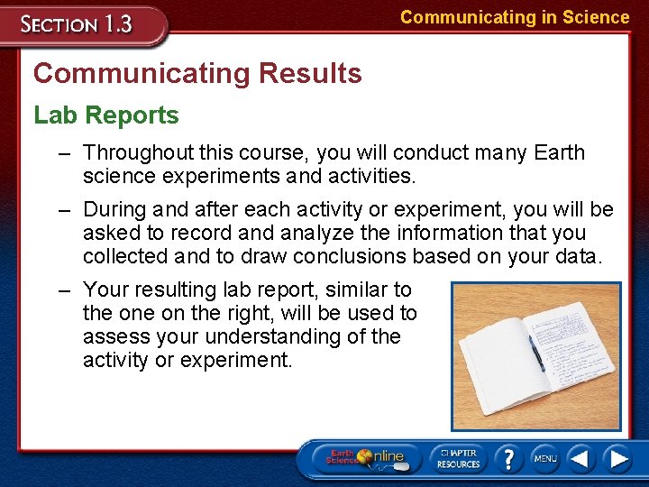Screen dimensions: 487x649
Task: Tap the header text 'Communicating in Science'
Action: click(515, 17)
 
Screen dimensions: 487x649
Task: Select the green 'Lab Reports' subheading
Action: click(106, 115)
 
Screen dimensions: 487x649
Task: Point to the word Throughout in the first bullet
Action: click(138, 153)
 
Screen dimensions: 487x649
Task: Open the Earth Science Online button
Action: click(370, 457)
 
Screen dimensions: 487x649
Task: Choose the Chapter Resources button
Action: click(458, 458)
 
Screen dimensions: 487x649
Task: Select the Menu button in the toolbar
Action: click(544, 458)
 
